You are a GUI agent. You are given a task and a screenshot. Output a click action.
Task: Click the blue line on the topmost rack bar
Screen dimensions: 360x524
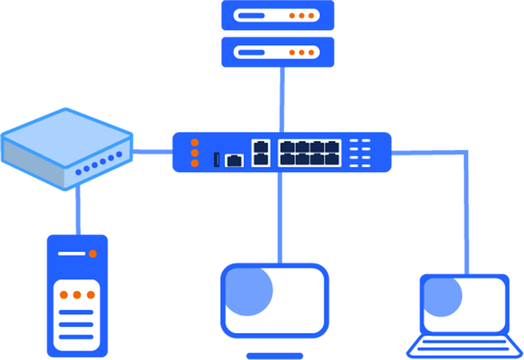[x=251, y=16]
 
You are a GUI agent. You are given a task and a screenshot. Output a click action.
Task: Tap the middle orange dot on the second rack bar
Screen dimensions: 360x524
[x=302, y=53]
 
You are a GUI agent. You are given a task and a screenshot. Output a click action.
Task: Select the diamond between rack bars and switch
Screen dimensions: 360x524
[x=282, y=100]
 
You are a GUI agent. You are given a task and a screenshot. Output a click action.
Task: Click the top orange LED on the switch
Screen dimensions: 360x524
[x=195, y=143]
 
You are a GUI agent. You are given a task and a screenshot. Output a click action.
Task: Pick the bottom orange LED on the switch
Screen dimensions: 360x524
[x=195, y=163]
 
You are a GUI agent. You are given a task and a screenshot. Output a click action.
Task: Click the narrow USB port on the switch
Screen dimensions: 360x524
[x=217, y=159]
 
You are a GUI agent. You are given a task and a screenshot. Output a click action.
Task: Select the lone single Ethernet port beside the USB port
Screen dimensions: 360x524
[x=234, y=160]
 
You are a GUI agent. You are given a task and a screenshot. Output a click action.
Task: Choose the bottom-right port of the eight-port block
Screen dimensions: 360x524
[x=332, y=159]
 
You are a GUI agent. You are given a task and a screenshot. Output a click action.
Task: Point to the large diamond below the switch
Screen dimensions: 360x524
[x=281, y=218]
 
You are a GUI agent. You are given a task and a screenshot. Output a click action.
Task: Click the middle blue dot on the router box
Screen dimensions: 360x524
[x=95, y=166]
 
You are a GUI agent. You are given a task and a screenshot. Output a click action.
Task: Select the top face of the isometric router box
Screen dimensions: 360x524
[x=67, y=131]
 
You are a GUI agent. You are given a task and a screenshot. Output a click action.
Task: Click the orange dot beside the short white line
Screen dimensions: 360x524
[x=93, y=254]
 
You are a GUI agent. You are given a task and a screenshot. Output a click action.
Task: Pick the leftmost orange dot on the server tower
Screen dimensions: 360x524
[x=64, y=295]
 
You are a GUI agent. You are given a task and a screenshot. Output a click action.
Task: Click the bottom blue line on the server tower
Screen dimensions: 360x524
[x=76, y=336]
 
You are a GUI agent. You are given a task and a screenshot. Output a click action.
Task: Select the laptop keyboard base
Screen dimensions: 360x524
[x=464, y=346]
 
